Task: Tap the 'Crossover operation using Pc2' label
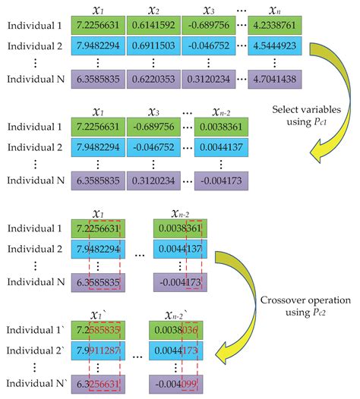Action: tap(313, 307)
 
